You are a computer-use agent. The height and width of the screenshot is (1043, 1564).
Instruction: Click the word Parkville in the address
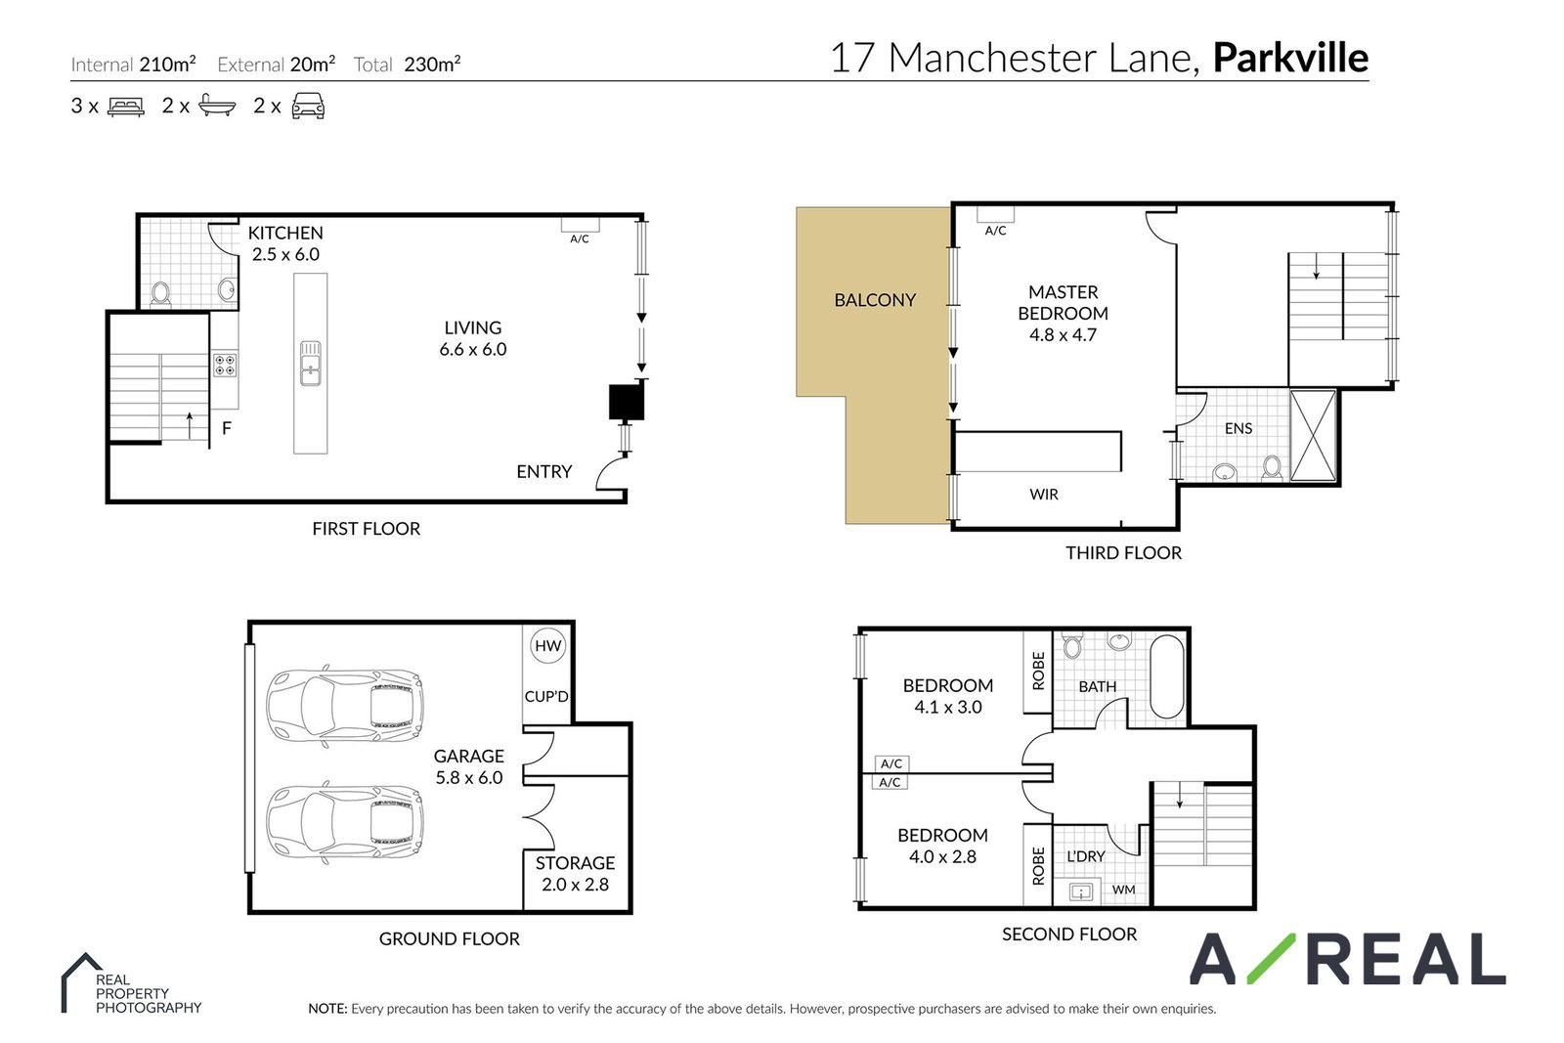click(1290, 58)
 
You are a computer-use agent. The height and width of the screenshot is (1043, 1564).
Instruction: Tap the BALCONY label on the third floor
click(875, 300)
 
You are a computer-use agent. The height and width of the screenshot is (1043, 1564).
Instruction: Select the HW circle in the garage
click(548, 646)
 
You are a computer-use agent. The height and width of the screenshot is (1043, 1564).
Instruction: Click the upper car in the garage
click(344, 707)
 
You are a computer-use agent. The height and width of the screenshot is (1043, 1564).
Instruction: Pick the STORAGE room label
click(576, 863)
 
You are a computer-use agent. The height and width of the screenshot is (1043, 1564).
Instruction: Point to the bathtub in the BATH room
click(1167, 676)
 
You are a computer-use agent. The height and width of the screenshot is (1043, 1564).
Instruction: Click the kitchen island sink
click(310, 363)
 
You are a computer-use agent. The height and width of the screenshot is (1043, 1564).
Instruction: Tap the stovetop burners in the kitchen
click(225, 365)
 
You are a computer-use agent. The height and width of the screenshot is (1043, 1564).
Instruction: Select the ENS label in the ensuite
click(1238, 429)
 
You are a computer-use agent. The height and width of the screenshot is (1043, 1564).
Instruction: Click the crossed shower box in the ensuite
click(1313, 436)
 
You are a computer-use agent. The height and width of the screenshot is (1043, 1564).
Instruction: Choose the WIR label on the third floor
click(1044, 495)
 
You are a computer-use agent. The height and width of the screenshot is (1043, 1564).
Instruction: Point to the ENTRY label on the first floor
click(543, 472)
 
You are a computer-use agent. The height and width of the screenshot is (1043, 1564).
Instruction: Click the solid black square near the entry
click(627, 402)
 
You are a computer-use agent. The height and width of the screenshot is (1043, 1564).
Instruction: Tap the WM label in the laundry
click(1123, 890)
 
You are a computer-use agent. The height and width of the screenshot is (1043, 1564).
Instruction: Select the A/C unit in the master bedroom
click(995, 214)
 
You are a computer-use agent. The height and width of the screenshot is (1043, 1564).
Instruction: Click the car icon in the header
click(308, 107)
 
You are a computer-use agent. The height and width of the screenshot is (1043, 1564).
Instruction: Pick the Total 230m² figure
click(407, 65)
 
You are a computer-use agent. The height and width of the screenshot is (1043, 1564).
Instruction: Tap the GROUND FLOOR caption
click(449, 939)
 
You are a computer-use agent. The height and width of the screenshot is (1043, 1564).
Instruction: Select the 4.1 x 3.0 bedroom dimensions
click(948, 707)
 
